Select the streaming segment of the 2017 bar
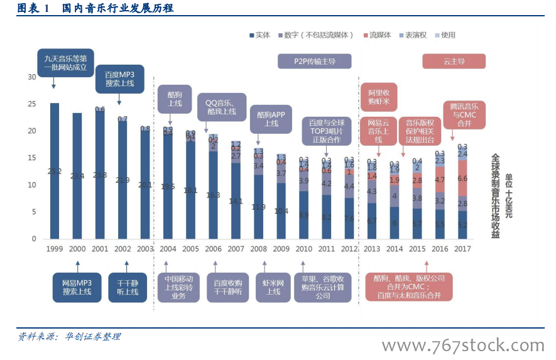coord(462,178)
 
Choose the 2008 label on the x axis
coord(258,249)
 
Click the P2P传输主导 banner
coord(314,61)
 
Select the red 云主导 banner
coord(454,61)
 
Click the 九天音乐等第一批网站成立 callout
coord(65,63)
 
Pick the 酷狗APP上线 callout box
coord(271,119)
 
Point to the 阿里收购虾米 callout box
coord(378,96)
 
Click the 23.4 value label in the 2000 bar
coord(77,176)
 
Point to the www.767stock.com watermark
coord(463,346)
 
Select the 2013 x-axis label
coord(372,249)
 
